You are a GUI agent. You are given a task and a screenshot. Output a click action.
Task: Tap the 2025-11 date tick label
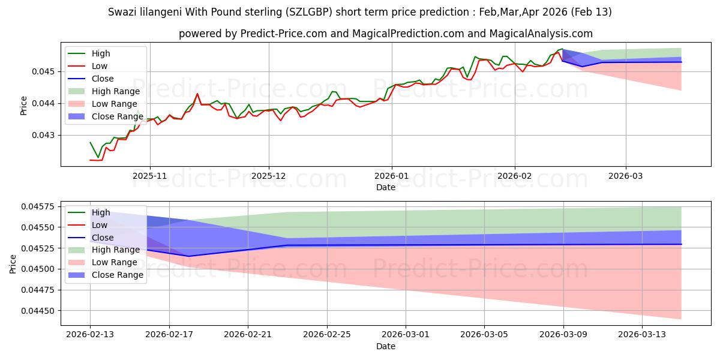tap(149, 176)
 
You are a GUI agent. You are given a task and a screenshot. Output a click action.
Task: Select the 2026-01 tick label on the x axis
tap(392, 176)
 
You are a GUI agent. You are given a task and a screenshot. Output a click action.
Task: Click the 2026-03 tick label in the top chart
tap(626, 176)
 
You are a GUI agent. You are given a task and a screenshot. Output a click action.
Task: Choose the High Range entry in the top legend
tap(116, 91)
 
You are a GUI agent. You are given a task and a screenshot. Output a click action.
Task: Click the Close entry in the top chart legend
tap(103, 79)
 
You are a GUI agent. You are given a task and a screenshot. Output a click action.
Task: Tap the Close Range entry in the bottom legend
tap(118, 275)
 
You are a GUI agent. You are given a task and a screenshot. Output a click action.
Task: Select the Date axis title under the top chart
tap(386, 187)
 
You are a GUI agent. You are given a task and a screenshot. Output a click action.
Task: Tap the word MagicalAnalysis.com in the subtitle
tap(541, 34)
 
